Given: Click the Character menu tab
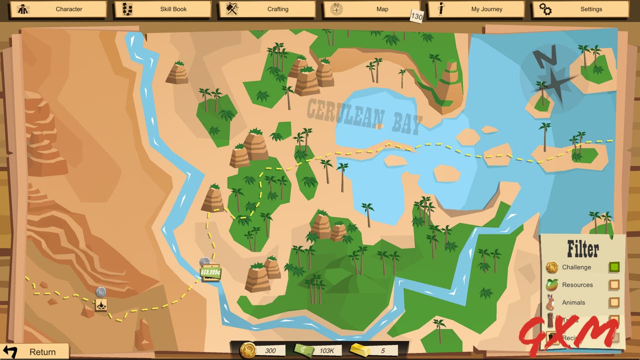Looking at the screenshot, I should (x=60, y=9).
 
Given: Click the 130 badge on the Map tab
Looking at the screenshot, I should (x=416, y=16).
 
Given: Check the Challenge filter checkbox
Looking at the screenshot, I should (x=614, y=267).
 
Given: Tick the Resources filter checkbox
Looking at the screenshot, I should (x=614, y=285).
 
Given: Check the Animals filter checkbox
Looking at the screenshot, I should (x=614, y=302).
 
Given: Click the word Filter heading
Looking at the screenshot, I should (x=582, y=248).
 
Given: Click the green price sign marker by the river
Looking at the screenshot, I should (x=210, y=272).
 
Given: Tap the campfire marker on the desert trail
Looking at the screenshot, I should (x=101, y=305).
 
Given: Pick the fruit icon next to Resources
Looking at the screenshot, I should (x=552, y=284).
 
